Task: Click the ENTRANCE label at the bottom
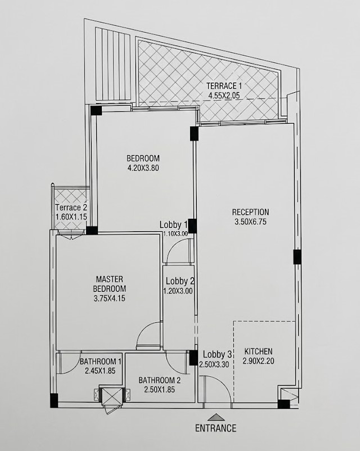click(x=216, y=428)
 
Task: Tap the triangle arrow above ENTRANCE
click(x=215, y=417)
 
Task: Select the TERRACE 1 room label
click(x=224, y=85)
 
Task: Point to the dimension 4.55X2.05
click(x=224, y=96)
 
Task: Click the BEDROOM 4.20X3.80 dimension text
click(x=143, y=168)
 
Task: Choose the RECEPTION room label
click(x=250, y=212)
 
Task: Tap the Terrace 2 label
click(x=71, y=208)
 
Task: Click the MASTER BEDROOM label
click(x=110, y=284)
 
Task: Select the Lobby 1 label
click(x=174, y=224)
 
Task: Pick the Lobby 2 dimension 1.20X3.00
click(x=178, y=291)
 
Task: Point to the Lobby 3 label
click(x=217, y=354)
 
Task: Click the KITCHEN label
click(x=258, y=351)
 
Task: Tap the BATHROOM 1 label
click(x=101, y=361)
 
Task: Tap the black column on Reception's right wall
click(x=297, y=257)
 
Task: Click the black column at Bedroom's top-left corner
click(x=96, y=111)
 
